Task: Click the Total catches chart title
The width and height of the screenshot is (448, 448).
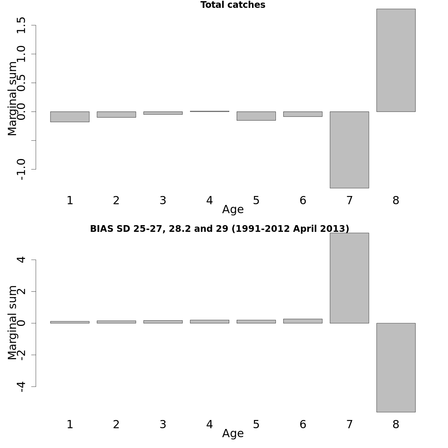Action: tap(233, 5)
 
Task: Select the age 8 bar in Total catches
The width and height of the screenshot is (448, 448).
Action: tap(396, 60)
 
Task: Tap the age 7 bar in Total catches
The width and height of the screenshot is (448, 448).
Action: tap(349, 150)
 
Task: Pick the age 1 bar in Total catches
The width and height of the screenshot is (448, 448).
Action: tap(70, 116)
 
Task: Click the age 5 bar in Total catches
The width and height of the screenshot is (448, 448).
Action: tap(256, 116)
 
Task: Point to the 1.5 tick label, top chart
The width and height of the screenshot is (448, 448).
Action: tap(21, 25)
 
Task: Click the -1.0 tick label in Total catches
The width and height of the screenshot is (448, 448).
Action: tap(21, 169)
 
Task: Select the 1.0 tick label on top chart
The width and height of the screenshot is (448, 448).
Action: tap(21, 54)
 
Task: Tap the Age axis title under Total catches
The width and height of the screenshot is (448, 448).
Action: tap(233, 210)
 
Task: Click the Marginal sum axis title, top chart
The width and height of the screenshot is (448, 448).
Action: tap(12, 99)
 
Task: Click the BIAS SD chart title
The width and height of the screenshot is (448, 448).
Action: tap(220, 229)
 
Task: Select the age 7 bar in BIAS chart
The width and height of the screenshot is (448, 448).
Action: tap(349, 278)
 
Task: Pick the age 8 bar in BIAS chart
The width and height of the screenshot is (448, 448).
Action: tap(396, 367)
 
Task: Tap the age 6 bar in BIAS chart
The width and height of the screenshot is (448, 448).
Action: tap(303, 321)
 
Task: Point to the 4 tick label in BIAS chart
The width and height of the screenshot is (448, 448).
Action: tap(21, 259)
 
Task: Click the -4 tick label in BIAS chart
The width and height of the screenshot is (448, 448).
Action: tap(21, 386)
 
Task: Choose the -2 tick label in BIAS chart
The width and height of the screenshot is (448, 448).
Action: tap(21, 355)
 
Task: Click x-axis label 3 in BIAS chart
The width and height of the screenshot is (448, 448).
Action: tap(163, 424)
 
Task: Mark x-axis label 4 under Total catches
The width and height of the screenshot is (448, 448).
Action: tap(209, 200)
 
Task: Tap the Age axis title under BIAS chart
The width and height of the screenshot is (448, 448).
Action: tap(233, 434)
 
